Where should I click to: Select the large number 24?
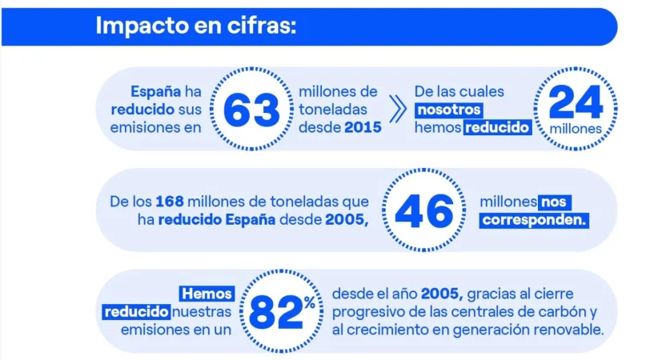pyautogui.click(x=576, y=103)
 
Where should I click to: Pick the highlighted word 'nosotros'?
pyautogui.click(x=449, y=110)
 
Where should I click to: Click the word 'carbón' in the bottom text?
pyautogui.click(x=562, y=311)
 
